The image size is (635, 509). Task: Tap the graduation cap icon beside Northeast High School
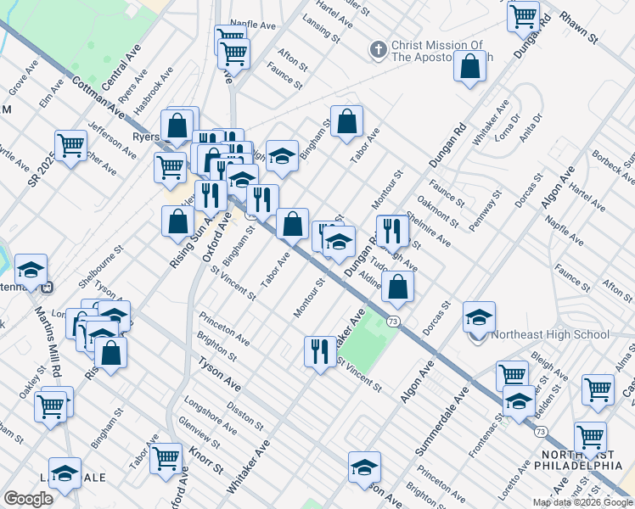[479, 317]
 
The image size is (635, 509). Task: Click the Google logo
[28, 499]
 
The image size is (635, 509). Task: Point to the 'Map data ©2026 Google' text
[582, 502]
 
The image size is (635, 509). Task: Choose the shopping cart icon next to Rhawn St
[523, 16]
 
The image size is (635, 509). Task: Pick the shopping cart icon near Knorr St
[166, 459]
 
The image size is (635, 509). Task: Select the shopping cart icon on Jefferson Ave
[71, 146]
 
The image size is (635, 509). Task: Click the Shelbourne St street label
[101, 265]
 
